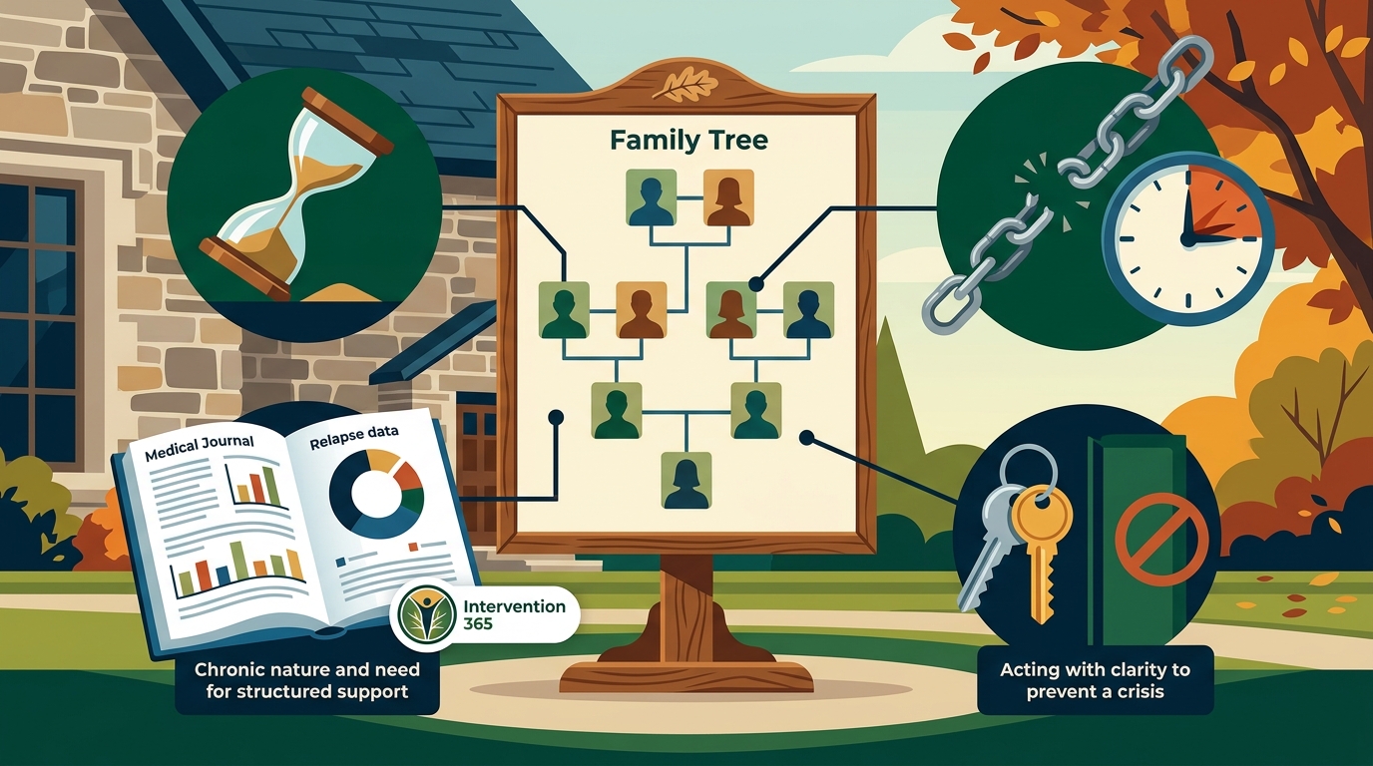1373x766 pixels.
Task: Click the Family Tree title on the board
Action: (688, 141)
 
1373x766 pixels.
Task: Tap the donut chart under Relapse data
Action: (376, 494)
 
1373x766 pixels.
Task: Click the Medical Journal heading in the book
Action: (200, 448)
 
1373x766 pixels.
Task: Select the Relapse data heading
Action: (354, 437)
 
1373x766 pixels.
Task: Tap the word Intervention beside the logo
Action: (514, 606)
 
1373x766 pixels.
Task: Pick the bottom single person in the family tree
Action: (686, 481)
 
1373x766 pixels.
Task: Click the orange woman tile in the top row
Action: (728, 197)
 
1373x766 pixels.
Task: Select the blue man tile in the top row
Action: (651, 197)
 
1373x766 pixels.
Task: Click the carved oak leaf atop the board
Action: (685, 85)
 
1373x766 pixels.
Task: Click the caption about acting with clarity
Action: (1096, 681)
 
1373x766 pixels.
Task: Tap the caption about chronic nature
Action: (307, 681)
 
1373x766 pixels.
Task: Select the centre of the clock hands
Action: (1187, 239)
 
